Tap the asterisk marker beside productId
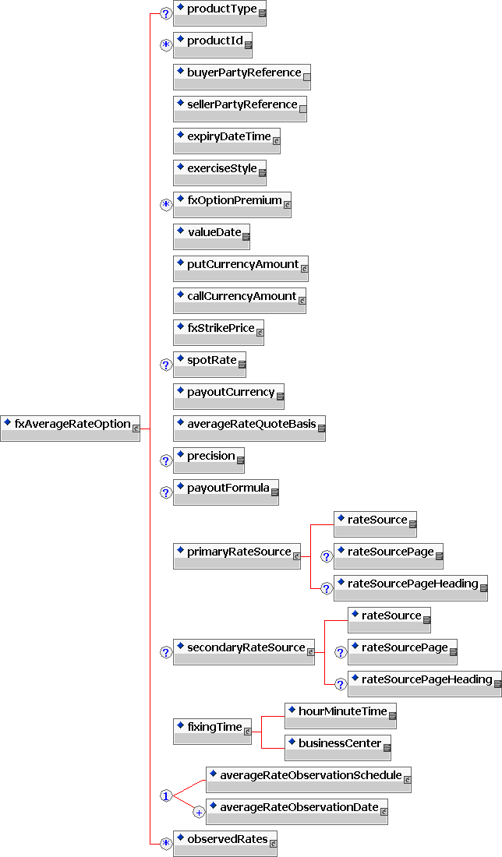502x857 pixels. (166, 44)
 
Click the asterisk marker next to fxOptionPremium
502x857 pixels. (166, 204)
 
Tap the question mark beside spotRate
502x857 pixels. (166, 364)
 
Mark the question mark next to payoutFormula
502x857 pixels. (166, 492)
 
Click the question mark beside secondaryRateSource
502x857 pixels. (166, 652)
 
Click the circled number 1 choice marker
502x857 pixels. (166, 795)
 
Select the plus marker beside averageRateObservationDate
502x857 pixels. (199, 812)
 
